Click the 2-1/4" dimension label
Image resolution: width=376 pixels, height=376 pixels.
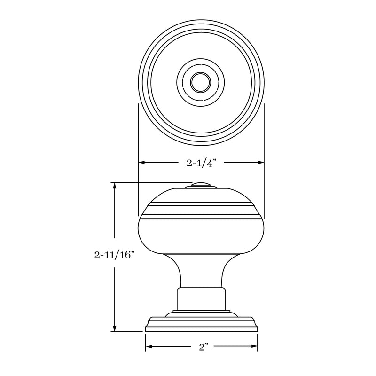pos(201,163)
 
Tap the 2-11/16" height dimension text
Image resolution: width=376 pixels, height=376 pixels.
pos(115,256)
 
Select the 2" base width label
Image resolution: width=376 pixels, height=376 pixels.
pos(203,347)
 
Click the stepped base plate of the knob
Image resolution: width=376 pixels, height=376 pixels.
pos(201,324)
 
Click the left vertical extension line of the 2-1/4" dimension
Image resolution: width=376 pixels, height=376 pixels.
pos(138,141)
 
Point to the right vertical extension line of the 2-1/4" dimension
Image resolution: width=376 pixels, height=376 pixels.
pos(264,141)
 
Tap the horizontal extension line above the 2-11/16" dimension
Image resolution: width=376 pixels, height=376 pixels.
pos(150,182)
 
